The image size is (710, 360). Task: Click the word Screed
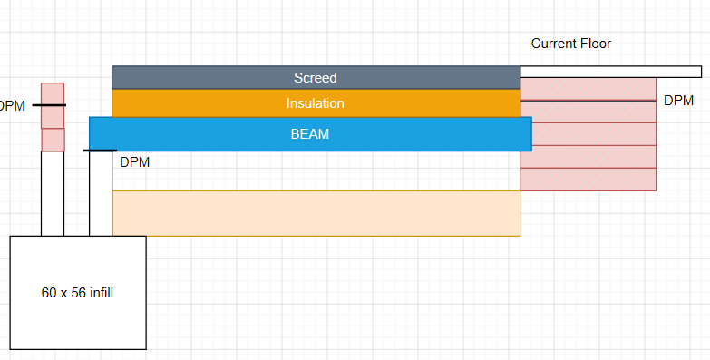[x=316, y=78]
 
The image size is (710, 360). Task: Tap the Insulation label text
[x=316, y=103]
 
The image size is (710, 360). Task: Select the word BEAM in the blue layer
[x=310, y=134]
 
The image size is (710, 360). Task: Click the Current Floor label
[x=571, y=44]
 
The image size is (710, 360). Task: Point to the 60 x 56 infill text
[x=77, y=293]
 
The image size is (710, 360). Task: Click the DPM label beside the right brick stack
[x=679, y=101]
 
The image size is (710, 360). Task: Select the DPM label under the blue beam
[x=134, y=162]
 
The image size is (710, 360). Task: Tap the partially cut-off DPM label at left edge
[x=12, y=106]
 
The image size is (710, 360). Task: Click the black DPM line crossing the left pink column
[x=49, y=105]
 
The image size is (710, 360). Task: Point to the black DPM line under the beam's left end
[x=100, y=151]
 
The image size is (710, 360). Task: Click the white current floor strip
[x=611, y=72]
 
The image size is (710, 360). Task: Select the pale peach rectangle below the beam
[x=316, y=213]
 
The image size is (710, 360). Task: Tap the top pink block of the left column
[x=53, y=105]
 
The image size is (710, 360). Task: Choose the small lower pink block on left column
[x=53, y=140]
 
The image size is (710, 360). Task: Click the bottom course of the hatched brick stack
[x=588, y=180]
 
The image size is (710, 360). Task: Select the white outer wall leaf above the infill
[x=53, y=193]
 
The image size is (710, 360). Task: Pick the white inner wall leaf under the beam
[x=101, y=193]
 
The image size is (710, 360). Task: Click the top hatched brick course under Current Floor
[x=588, y=89]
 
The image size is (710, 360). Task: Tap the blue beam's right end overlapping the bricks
[x=526, y=134]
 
